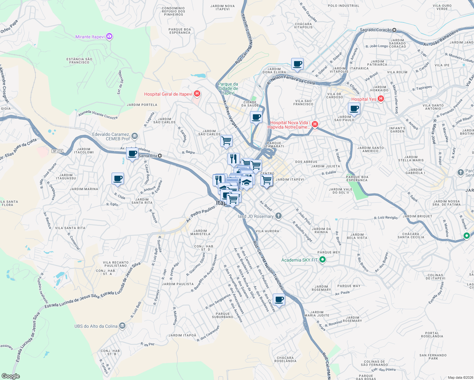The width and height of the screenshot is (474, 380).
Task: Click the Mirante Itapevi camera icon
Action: pos(109,37)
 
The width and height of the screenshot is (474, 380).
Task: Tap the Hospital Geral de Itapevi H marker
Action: pos(197,94)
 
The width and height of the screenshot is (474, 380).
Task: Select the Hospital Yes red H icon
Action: pos(381,99)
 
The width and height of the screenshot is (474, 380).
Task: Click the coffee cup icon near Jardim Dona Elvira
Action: pos(297,64)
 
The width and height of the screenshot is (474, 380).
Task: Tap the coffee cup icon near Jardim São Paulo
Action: pos(354,109)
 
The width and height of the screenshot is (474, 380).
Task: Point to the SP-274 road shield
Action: pos(57,151)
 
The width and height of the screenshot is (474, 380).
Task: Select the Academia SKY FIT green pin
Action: pos(323,260)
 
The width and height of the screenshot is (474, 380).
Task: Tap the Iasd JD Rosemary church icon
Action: pos(278,216)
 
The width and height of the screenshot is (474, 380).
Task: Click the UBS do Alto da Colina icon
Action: pos(122,326)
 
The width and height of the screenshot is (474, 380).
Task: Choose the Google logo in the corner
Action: pos(10,376)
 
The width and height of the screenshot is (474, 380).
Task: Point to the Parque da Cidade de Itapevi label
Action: pos(228,88)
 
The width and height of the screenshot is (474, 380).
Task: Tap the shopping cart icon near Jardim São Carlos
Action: pos(226,141)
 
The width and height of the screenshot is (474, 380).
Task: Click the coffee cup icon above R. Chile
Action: pos(118,179)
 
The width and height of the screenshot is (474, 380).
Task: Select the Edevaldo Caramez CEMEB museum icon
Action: pos(135,136)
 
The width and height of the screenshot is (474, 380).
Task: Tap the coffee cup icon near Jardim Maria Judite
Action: pos(279,299)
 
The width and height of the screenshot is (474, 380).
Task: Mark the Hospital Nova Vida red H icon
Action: pos(315,124)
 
